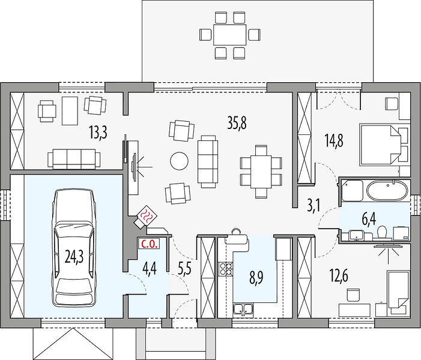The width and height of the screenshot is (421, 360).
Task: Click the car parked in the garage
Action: coord(74,248)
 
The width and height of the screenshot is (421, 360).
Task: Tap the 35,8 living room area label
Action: coord(237,123)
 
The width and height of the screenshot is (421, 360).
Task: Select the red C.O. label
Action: coord(149,244)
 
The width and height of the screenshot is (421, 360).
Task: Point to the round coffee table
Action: coord(179,161)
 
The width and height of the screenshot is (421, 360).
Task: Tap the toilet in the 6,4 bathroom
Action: coord(381,232)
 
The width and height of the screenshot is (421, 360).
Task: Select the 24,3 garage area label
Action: coord(74,257)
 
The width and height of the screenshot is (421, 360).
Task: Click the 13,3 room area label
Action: coord(98,133)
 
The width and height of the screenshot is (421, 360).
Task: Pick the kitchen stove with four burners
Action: coord(226,269)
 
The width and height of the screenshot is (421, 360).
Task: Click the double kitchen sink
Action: coord(243,309)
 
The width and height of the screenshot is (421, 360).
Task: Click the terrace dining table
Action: coord(230,35)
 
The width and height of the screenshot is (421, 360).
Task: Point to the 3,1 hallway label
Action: coord(313,206)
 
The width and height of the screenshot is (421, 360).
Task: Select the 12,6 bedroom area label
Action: coord(339,275)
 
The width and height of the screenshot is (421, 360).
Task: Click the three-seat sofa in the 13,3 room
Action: coord(74,159)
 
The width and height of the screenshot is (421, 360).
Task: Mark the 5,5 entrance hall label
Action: coord(184,269)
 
